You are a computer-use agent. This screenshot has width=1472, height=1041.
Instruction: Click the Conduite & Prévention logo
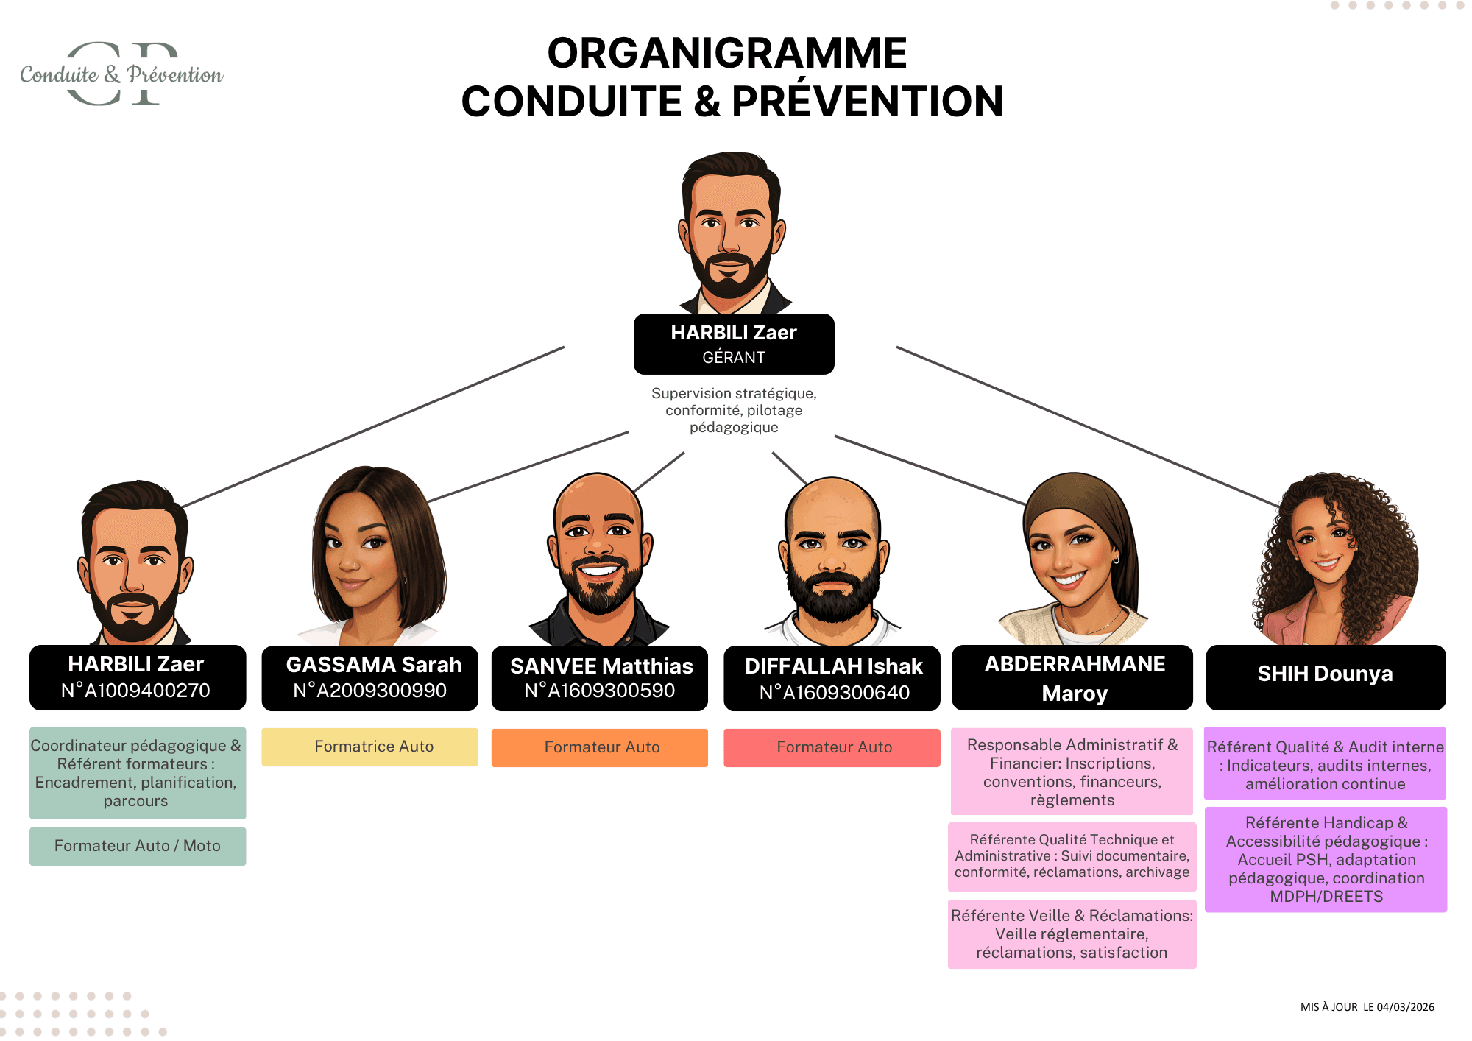[121, 74]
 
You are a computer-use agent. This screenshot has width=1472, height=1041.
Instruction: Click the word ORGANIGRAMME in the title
[727, 53]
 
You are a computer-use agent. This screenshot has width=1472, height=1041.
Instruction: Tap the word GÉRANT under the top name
[734, 358]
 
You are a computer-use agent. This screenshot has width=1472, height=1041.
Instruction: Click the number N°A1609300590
[600, 691]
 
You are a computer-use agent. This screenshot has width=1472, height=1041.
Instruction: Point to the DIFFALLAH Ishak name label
[833, 666]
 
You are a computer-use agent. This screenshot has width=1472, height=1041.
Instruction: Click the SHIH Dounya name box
[1326, 674]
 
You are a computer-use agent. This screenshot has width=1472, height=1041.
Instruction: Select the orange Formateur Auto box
[600, 747]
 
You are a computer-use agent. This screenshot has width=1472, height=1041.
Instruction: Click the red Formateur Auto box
[832, 747]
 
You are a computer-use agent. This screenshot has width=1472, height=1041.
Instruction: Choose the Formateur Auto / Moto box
[138, 846]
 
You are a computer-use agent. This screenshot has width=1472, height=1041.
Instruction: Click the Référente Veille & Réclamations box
[1072, 934]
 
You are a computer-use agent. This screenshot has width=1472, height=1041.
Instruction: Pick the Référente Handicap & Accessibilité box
[1326, 859]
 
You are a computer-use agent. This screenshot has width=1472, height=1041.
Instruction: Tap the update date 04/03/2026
[1405, 1007]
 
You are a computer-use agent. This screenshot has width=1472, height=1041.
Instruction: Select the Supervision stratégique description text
[734, 410]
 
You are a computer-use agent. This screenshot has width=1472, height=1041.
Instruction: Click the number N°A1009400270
[136, 691]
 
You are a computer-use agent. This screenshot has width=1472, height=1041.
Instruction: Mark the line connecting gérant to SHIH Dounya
[1089, 427]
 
